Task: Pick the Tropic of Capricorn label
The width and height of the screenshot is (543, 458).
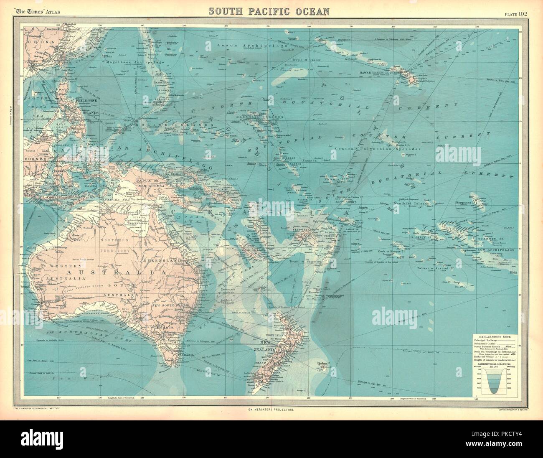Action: (304, 262)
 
